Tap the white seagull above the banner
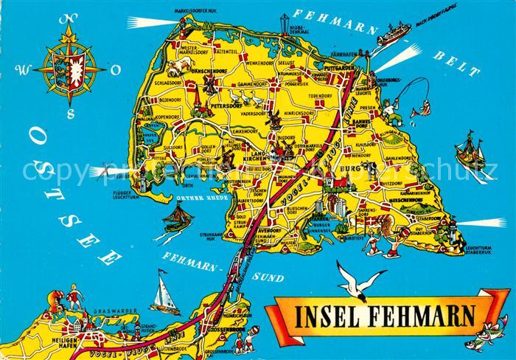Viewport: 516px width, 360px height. point(360,279)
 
